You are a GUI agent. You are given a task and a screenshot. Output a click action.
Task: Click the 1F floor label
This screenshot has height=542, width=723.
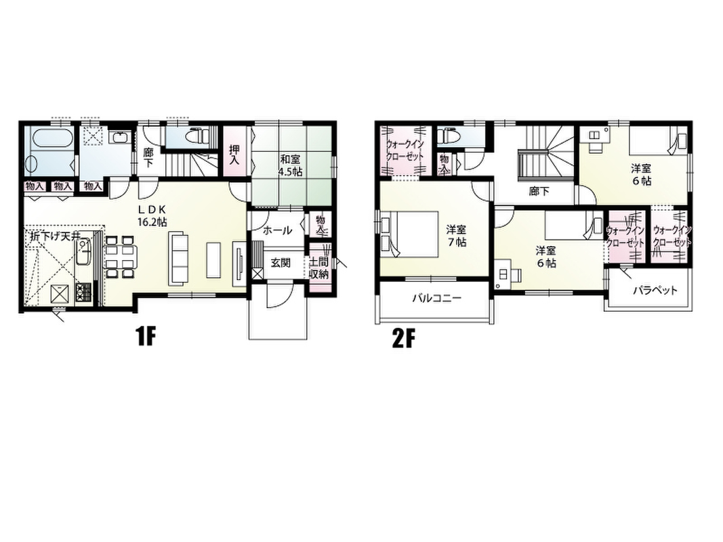pyautogui.click(x=146, y=339)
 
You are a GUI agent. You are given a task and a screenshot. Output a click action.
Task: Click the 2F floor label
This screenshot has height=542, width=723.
pyautogui.click(x=403, y=339)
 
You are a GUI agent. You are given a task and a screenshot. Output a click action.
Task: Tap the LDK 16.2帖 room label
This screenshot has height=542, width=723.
pyautogui.click(x=152, y=215)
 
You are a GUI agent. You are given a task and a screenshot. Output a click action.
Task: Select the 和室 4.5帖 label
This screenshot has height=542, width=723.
pyautogui.click(x=290, y=165)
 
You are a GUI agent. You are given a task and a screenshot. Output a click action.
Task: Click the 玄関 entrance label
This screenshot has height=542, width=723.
pyautogui.click(x=280, y=263)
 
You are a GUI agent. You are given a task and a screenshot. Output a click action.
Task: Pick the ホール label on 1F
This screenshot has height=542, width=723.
pyautogui.click(x=277, y=230)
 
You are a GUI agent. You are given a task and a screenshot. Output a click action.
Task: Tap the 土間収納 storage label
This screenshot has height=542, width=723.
pyautogui.click(x=318, y=269)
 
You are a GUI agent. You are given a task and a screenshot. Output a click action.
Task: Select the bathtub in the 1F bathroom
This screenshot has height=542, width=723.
pyautogui.click(x=49, y=139)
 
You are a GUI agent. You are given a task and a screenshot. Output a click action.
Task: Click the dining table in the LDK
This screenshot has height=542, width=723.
pyautogui.click(x=121, y=257)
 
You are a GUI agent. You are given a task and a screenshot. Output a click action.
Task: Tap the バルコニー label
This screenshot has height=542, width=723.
pyautogui.click(x=436, y=298)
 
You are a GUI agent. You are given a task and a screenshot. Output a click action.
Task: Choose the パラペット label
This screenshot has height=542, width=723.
pyautogui.click(x=655, y=291)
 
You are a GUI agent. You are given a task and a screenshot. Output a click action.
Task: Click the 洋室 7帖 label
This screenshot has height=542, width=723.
pyautogui.click(x=456, y=236)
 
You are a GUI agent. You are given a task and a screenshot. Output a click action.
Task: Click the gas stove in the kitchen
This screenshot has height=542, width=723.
pyautogui.click(x=84, y=291)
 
